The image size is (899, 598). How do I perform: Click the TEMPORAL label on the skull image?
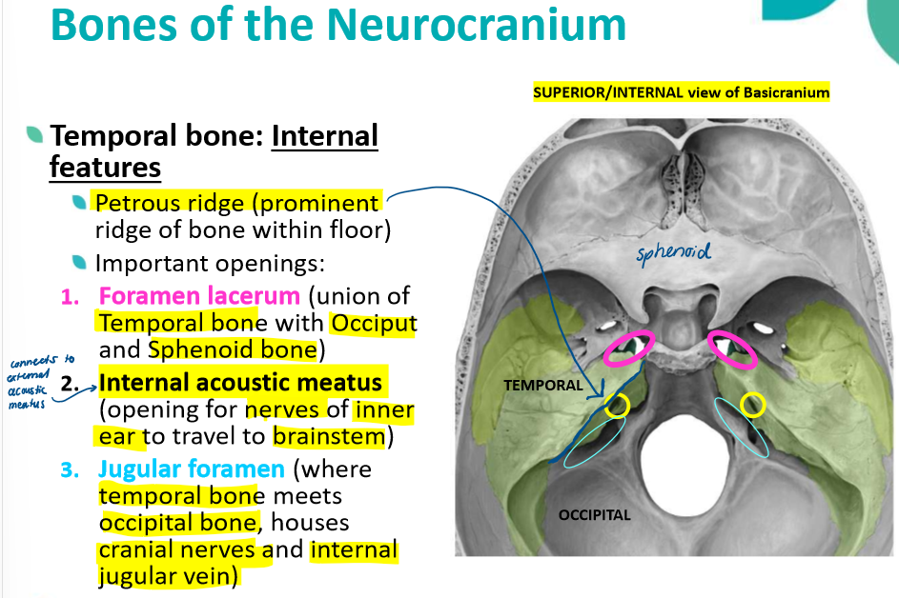pyautogui.click(x=543, y=386)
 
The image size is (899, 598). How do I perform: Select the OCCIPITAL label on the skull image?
pyautogui.click(x=594, y=515)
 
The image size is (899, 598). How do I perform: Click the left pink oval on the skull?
pyautogui.click(x=628, y=348)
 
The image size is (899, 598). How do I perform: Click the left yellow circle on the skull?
pyautogui.click(x=618, y=407)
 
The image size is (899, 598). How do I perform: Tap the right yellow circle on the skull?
pyautogui.click(x=753, y=405)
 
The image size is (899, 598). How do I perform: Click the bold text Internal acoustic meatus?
pyautogui.click(x=240, y=383)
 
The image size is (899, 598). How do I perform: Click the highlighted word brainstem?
pyautogui.click(x=330, y=437)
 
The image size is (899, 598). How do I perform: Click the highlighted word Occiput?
pyautogui.click(x=373, y=324)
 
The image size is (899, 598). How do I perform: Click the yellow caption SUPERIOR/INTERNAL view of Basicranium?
pyautogui.click(x=681, y=93)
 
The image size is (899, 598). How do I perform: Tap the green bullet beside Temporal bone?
pyautogui.click(x=34, y=135)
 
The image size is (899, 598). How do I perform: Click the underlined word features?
pyautogui.click(x=105, y=169)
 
